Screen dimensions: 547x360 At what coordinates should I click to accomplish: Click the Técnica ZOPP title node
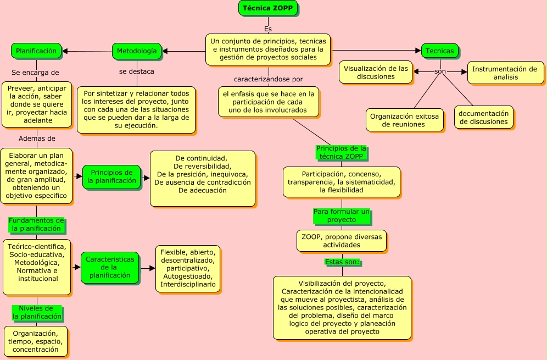click(268, 8)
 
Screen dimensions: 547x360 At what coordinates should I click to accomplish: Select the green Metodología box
click(137, 51)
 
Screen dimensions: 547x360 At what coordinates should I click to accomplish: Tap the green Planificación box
click(36, 51)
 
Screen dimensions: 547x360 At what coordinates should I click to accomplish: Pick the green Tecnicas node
click(439, 51)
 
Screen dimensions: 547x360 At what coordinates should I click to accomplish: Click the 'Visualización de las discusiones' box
click(376, 73)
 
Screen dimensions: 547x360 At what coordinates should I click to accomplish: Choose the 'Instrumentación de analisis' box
click(505, 73)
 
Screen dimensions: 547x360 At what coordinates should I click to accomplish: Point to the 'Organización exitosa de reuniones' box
click(405, 120)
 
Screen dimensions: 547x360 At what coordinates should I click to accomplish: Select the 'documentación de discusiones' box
click(483, 117)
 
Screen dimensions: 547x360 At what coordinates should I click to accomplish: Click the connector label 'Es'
click(268, 29)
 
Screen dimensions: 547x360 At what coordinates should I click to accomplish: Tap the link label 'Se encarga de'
click(35, 73)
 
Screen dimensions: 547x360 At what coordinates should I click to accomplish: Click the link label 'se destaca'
click(136, 71)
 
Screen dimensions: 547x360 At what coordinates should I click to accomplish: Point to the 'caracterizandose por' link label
click(268, 79)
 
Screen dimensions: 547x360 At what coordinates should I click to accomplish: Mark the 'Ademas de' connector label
click(37, 139)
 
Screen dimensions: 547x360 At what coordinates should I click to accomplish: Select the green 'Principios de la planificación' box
click(111, 177)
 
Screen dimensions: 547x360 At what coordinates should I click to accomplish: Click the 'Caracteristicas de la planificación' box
click(110, 268)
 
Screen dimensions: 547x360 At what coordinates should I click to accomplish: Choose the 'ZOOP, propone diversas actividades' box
click(342, 241)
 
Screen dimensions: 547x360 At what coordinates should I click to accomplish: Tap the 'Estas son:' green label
click(342, 262)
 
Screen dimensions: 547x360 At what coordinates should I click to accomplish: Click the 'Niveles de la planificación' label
click(37, 313)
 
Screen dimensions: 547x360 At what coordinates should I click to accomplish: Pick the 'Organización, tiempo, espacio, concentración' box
click(36, 341)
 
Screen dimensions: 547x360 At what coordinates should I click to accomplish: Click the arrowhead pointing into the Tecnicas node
click(418, 51)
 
